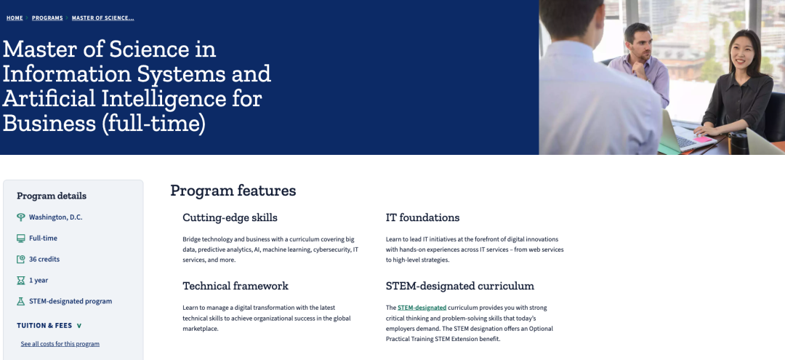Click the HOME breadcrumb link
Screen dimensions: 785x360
click(15, 18)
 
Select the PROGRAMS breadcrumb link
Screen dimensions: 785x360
click(47, 18)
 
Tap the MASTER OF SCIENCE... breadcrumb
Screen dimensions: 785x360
click(102, 18)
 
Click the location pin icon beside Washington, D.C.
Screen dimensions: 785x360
click(20, 217)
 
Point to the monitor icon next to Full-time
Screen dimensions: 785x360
click(20, 239)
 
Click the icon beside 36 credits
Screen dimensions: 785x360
click(20, 260)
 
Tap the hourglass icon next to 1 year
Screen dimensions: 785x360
click(20, 281)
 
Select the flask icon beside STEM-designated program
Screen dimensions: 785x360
click(20, 301)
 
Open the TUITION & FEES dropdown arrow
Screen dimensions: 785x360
click(79, 326)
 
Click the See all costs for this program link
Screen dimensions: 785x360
click(60, 344)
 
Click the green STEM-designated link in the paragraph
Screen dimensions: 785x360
click(422, 308)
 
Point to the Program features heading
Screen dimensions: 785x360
click(233, 191)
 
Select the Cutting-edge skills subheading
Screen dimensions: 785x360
click(230, 217)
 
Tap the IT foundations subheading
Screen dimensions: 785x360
click(422, 217)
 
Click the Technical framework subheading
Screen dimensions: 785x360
click(235, 286)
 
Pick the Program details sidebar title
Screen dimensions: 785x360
click(52, 196)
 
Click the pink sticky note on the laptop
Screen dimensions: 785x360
click(703, 139)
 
